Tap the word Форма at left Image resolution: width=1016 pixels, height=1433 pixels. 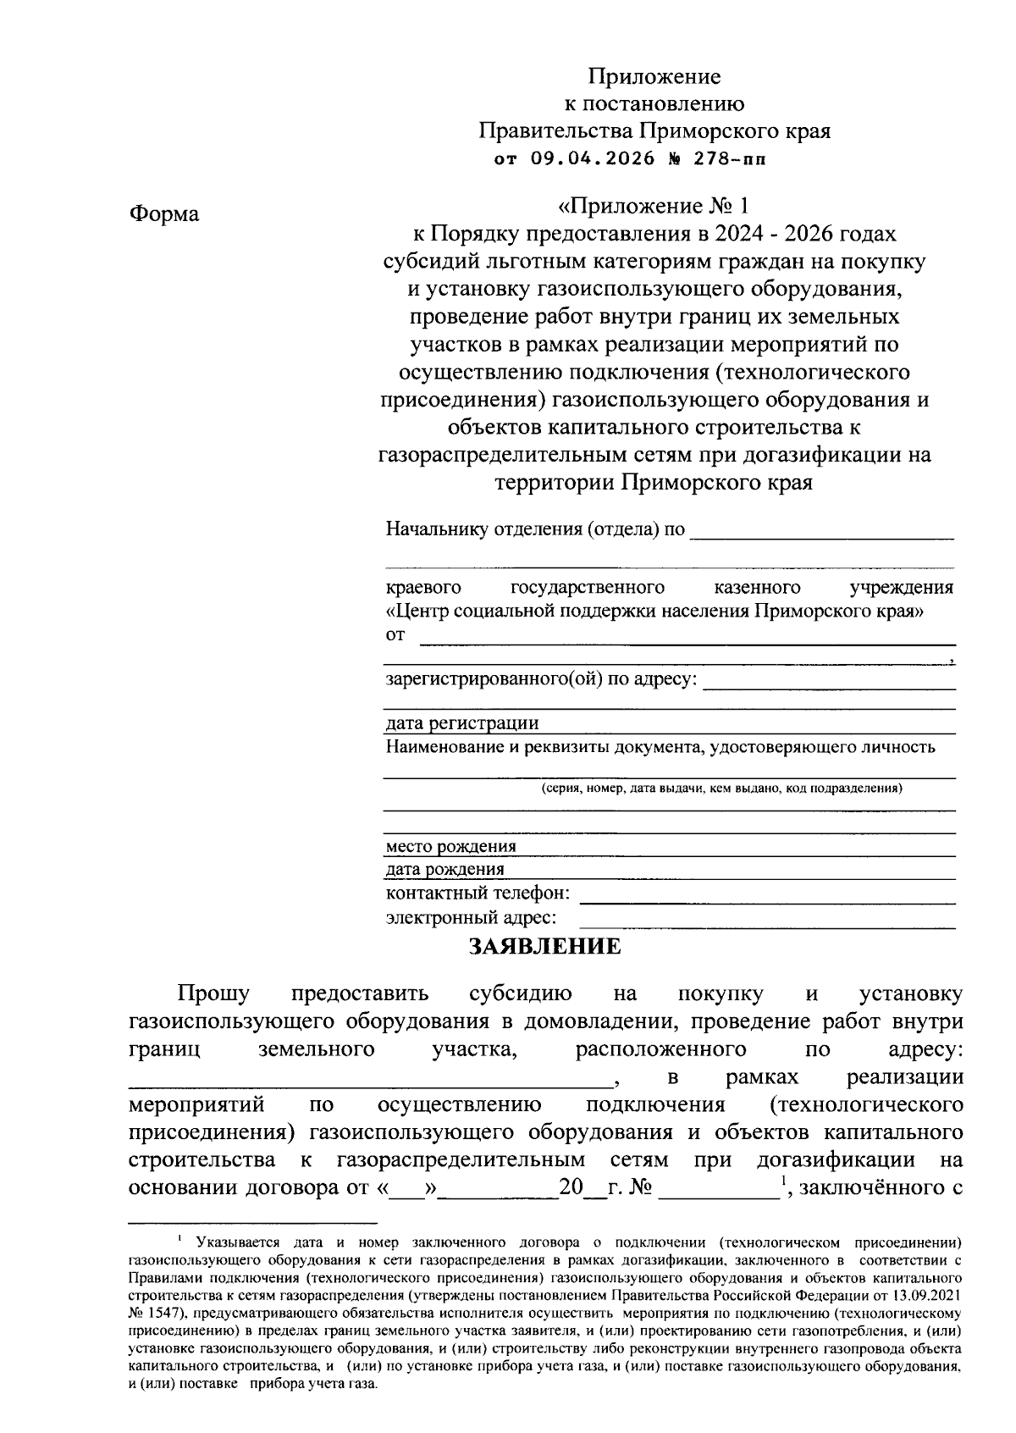[164, 214]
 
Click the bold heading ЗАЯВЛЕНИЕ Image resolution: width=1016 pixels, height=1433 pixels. [545, 946]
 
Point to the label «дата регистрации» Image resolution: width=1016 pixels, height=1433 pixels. [462, 723]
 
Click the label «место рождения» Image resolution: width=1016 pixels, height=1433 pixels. [450, 846]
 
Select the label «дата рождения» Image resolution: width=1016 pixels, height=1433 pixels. [444, 869]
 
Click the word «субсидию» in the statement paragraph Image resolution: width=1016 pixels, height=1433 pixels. [520, 993]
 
